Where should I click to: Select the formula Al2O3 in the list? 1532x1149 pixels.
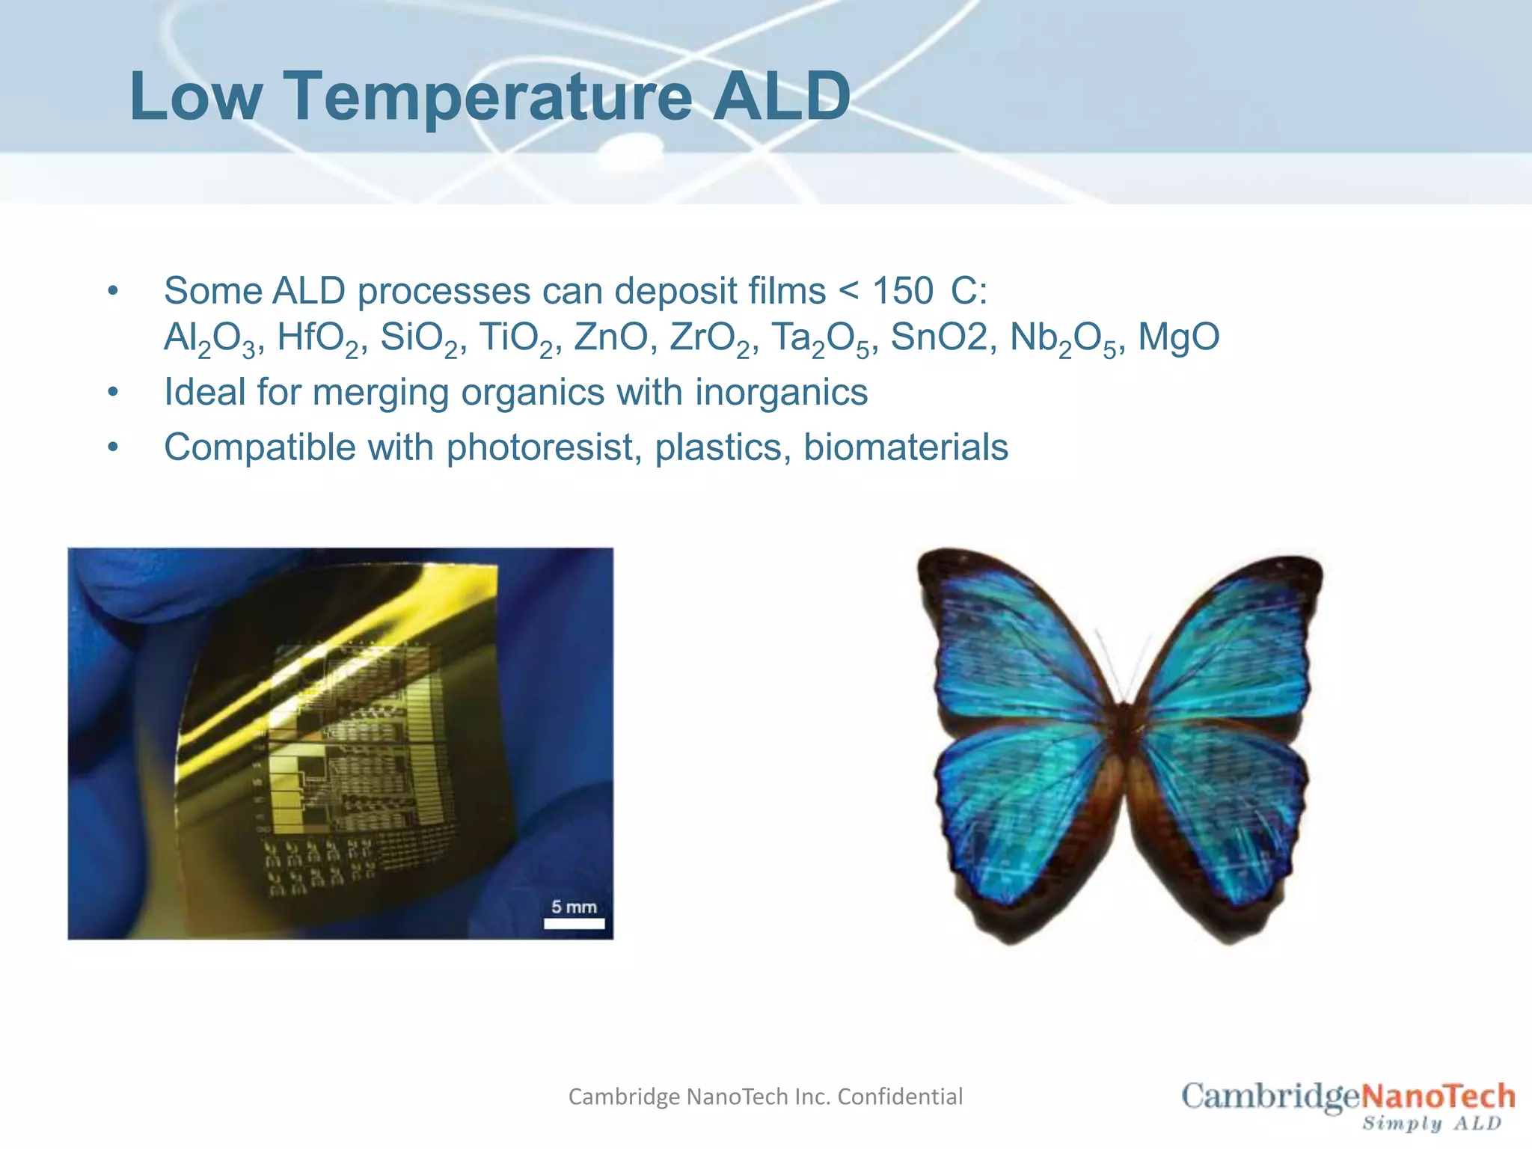(209, 338)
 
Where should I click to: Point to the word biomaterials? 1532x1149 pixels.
(905, 447)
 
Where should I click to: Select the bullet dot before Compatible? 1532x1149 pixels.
(113, 447)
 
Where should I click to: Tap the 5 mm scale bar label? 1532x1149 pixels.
(574, 907)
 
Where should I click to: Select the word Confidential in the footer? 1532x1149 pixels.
(900, 1097)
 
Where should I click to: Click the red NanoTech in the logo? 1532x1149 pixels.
(1437, 1096)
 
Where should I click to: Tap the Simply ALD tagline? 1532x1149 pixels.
(1431, 1124)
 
